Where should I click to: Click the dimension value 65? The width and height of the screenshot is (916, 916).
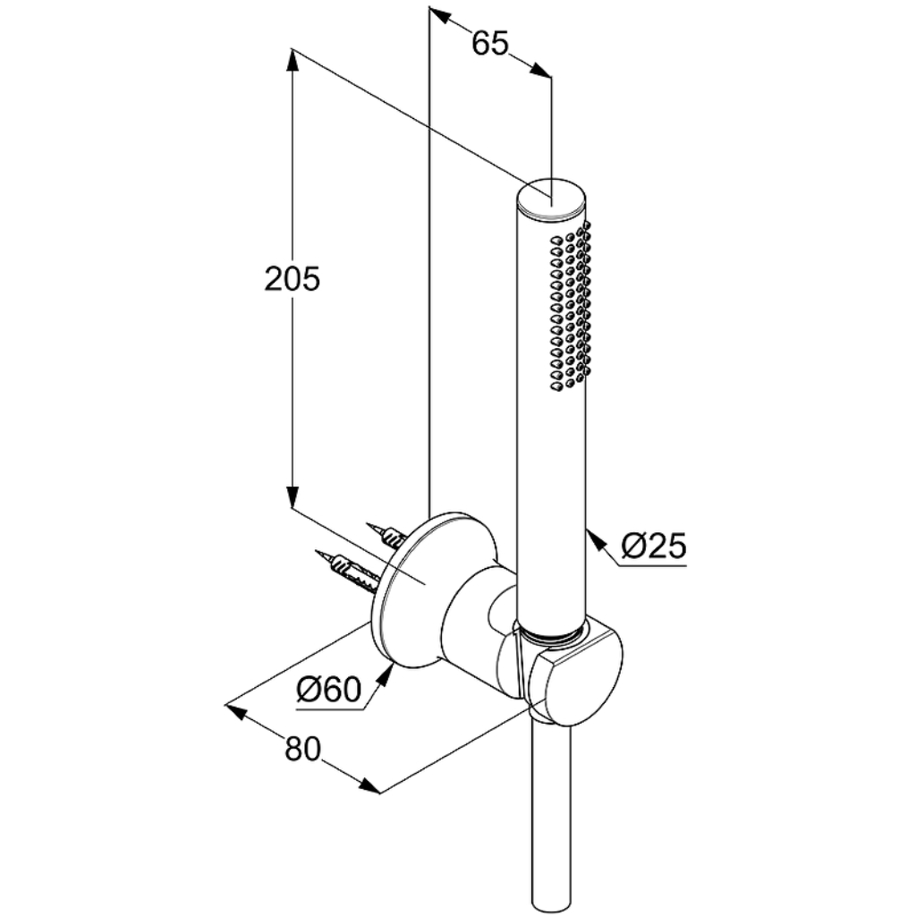coord(490,43)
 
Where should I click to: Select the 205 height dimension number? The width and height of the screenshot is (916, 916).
coord(293,279)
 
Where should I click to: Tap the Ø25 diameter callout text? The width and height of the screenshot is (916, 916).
coord(653,547)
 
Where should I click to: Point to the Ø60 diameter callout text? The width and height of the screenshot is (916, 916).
coord(329,690)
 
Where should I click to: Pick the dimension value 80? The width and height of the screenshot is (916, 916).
coord(302,749)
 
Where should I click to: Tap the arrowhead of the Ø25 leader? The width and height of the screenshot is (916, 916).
coord(594,538)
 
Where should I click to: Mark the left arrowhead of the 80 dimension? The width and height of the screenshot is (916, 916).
coord(235,711)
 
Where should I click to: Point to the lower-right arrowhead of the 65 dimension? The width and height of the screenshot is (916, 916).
coord(540,70)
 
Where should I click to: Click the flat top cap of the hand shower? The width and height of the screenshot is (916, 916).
coord(551,198)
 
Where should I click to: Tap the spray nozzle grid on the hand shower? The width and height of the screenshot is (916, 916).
coord(570,306)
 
